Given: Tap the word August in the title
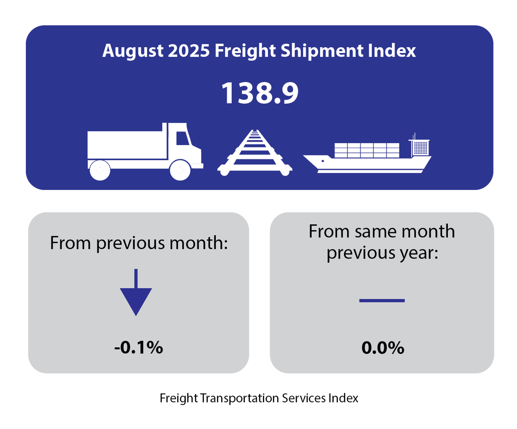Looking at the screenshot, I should tap(133, 50).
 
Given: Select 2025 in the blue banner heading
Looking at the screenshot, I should tap(189, 50).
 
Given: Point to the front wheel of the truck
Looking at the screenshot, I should tap(180, 170).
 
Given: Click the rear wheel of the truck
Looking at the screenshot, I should tap(100, 170).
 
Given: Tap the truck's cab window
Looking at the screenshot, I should tap(182, 138).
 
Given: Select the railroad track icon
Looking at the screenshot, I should tap(255, 154).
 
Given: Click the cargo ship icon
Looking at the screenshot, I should tap(367, 159).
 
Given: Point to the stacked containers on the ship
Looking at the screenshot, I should tap(367, 150).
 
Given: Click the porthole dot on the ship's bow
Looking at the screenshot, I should tap(323, 161).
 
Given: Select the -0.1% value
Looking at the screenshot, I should tap(139, 348).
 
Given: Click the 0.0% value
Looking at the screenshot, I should tap(383, 348).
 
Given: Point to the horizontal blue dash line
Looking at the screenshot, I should tap(382, 301).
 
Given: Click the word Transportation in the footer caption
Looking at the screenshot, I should tap(239, 398).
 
